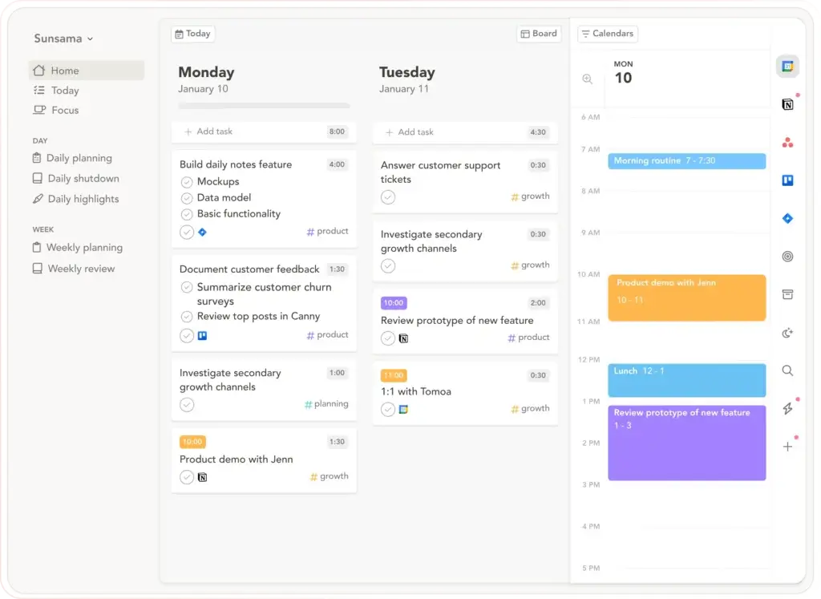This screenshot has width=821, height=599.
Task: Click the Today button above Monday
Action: pos(192,34)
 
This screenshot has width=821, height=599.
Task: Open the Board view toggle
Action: pos(539,34)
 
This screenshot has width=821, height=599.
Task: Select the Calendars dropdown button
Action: pos(607,34)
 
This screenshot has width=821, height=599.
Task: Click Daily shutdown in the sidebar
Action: pos(83,179)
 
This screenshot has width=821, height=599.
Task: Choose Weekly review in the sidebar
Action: pos(80,269)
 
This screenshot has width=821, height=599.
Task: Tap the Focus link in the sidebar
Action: pos(64,110)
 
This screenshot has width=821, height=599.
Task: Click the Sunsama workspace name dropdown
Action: pos(63,38)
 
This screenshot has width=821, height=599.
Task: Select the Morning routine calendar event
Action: pos(686,161)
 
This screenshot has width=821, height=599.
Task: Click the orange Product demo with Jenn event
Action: pos(686,297)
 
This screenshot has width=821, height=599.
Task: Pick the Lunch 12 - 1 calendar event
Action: pos(686,380)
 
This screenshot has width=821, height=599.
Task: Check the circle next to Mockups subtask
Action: pos(187,182)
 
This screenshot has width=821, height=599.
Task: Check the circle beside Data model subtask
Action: pos(187,198)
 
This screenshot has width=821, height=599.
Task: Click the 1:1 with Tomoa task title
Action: pos(415,391)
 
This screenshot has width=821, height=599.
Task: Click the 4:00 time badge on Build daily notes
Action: pos(337,164)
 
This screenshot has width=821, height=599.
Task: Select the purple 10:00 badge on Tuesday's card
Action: pos(394,303)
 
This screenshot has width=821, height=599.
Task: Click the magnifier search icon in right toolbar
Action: pos(787,370)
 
